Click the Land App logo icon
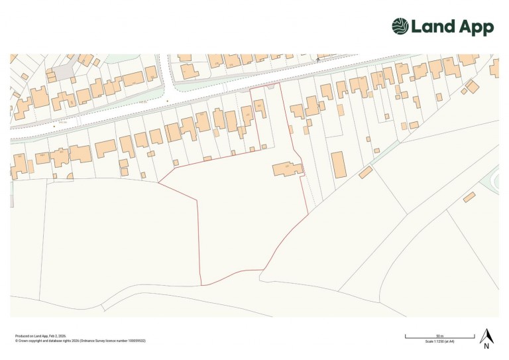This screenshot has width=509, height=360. coord(400,27)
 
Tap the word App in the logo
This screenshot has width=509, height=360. coord(477,28)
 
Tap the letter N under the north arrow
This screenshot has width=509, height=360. coord(486,346)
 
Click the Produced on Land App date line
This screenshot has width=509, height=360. coord(40,336)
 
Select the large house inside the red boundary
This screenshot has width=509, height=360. coord(288,170)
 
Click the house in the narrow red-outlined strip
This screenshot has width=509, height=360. coord(260,107)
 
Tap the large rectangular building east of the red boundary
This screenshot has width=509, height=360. coord(339,164)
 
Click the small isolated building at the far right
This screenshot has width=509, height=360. coord(469,197)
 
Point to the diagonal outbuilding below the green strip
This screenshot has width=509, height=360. coord(366,172)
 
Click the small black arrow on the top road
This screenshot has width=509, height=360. coord(318,60)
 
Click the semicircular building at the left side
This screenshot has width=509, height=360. coord(70,176)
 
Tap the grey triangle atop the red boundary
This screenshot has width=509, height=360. coord(270,86)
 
